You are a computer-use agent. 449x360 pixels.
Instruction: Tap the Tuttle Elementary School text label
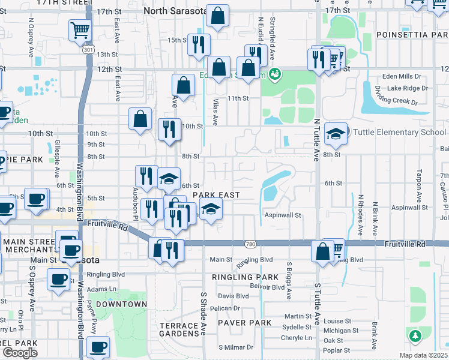pyautogui.click(x=399, y=132)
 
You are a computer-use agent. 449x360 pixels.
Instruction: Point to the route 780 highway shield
pyautogui.click(x=251, y=244)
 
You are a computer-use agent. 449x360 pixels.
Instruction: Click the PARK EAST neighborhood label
pyautogui.click(x=216, y=195)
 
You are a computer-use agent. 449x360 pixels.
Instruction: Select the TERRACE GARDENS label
pyautogui.click(x=179, y=329)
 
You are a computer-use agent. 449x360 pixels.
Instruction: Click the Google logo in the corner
pyautogui.click(x=20, y=353)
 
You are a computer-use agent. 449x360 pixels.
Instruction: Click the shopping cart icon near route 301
pyautogui.click(x=80, y=29)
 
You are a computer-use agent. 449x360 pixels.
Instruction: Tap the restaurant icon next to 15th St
pyautogui.click(x=199, y=44)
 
